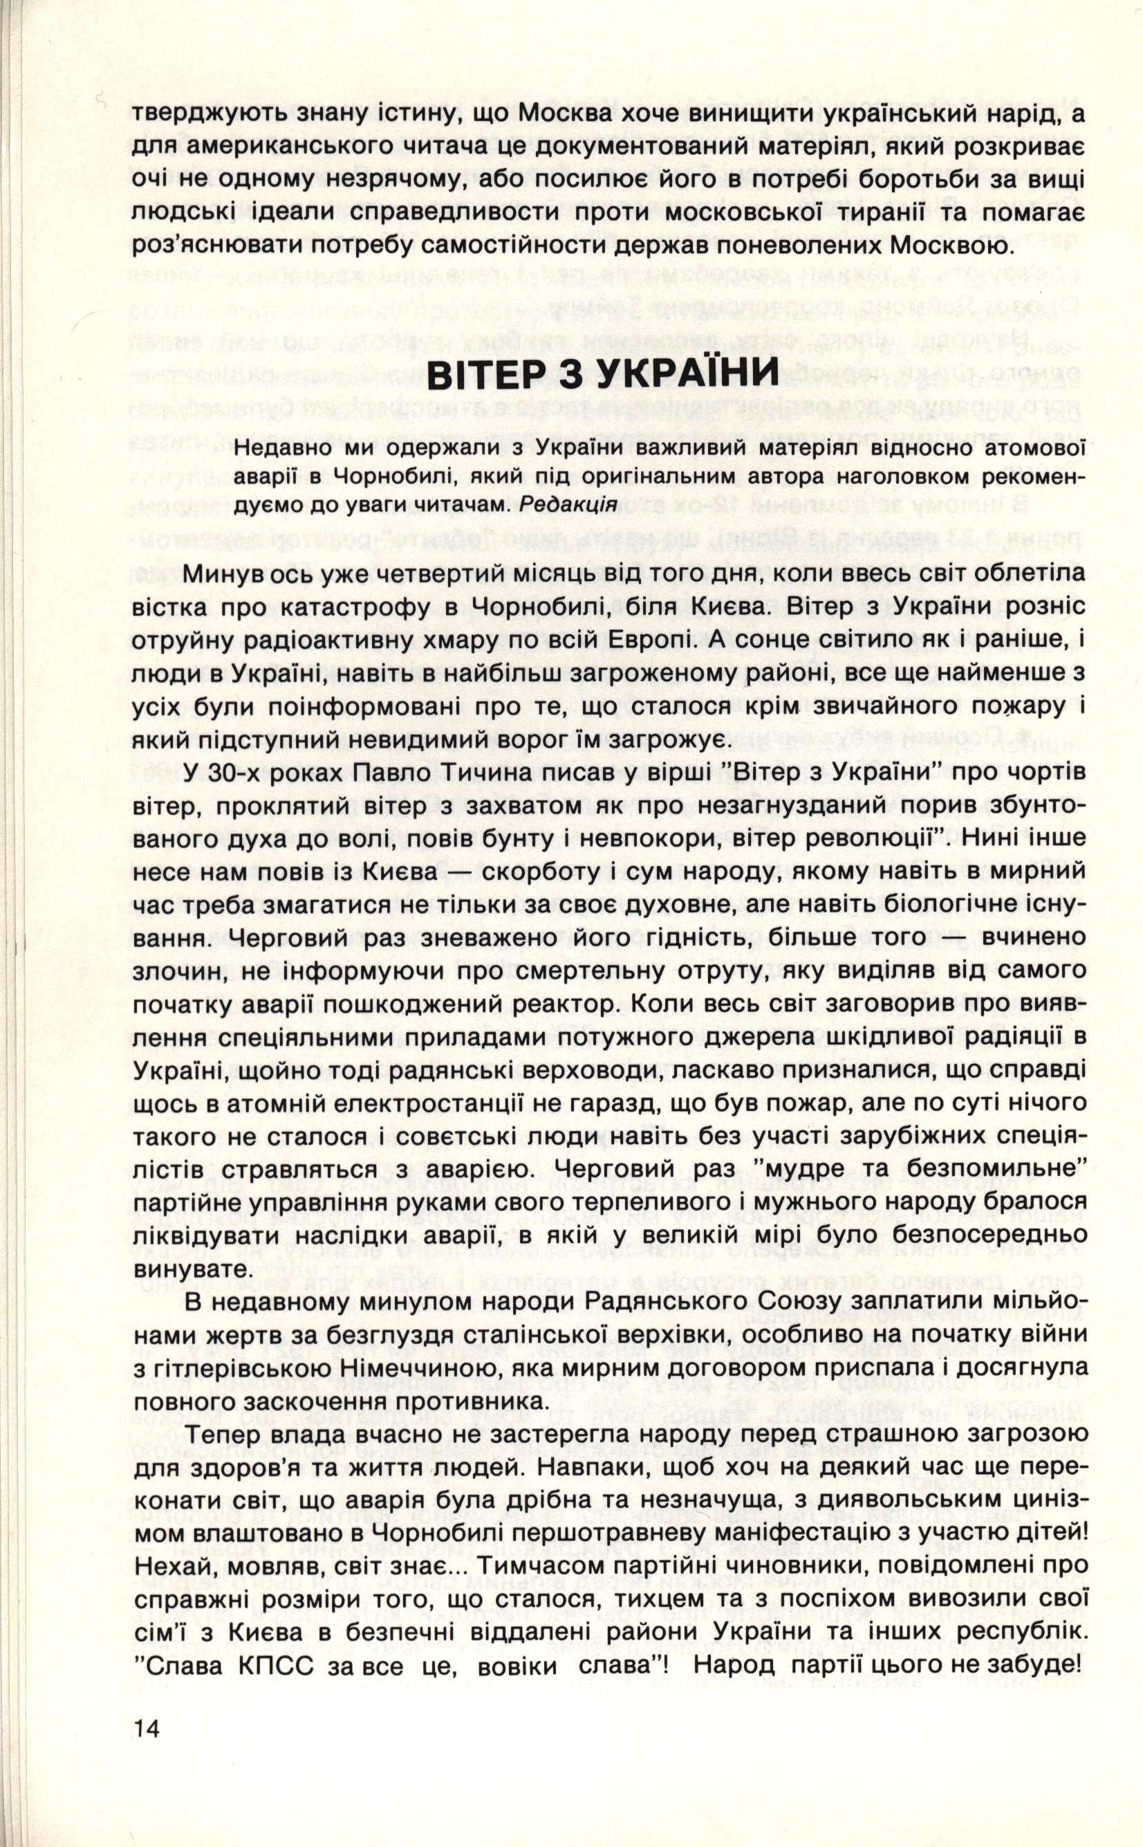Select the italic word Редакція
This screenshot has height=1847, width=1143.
(569, 505)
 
